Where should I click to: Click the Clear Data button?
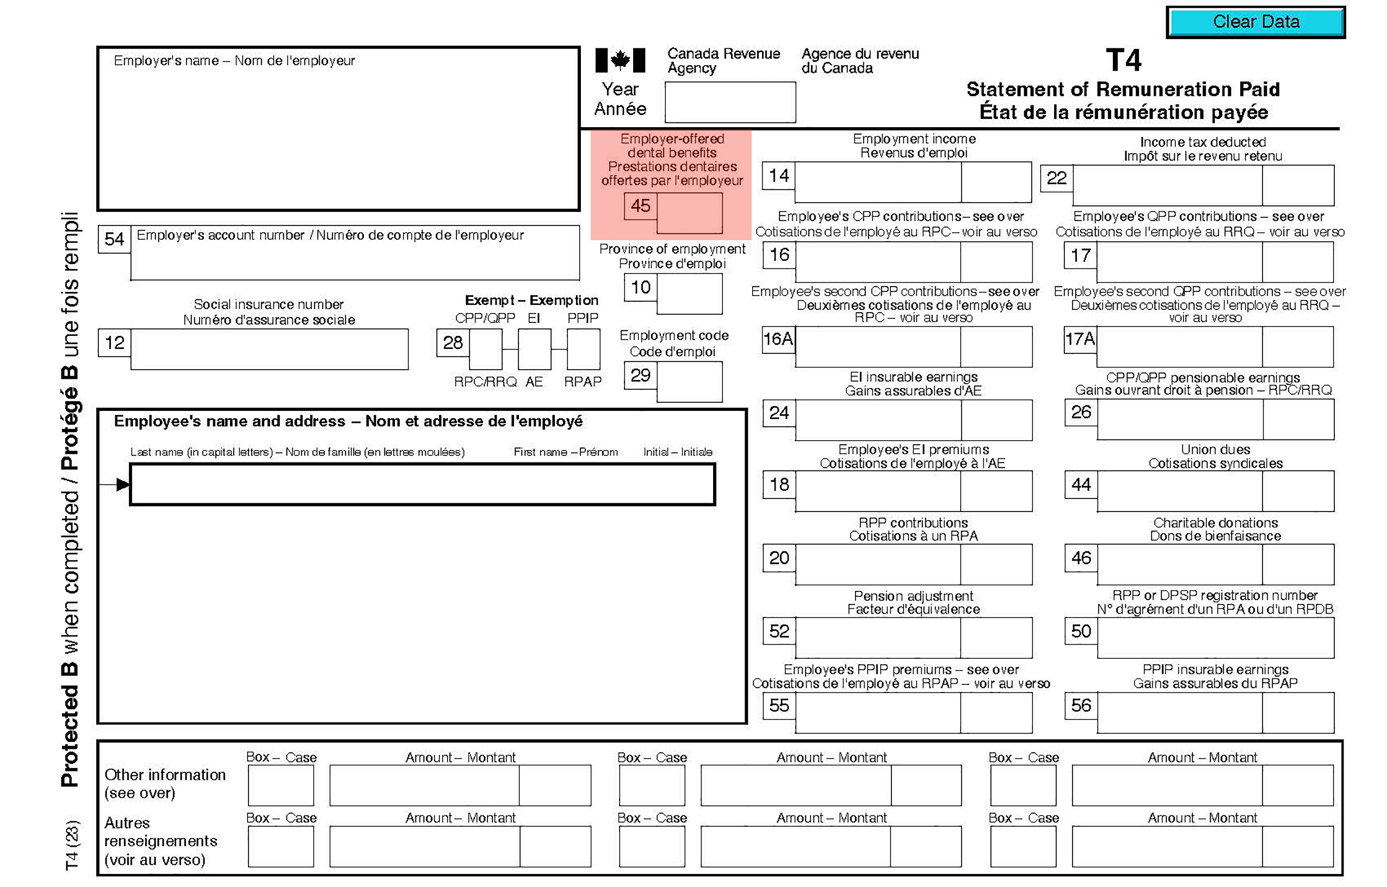(1255, 22)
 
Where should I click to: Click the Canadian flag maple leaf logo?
(620, 60)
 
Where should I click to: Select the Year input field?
(729, 102)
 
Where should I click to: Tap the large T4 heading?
(1123, 60)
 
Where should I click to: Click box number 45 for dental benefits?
(640, 205)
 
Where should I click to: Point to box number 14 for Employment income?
(778, 176)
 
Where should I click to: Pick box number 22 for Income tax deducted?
(1056, 178)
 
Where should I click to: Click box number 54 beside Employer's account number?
(114, 239)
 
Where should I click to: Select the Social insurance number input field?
(269, 349)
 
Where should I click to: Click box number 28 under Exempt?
(453, 343)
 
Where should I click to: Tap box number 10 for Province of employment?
(640, 287)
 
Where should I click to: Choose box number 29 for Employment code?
(640, 375)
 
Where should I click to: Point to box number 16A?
(778, 339)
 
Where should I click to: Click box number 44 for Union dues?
(1080, 484)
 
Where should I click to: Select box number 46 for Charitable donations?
(1080, 558)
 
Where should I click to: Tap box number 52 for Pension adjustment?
(778, 631)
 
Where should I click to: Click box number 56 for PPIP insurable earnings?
(1080, 705)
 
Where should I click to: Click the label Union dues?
(1215, 449)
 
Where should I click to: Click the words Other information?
(165, 774)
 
